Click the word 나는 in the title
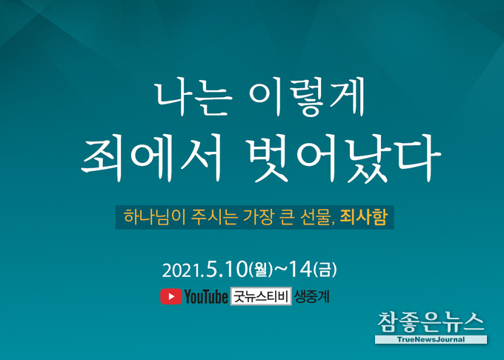pos(193,98)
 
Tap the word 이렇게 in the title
pos(307,97)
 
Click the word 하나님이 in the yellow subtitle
pos(154,217)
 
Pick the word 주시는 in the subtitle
pos(214,217)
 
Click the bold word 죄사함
pos(363,217)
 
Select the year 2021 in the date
pos(182,270)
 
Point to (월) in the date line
pos(261,269)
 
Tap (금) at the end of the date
pos(325,269)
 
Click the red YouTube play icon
pos(170,296)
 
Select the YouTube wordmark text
pos(206,296)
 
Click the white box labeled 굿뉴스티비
pos(261,296)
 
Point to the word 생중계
pos(312,296)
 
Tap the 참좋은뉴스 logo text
pos(431,322)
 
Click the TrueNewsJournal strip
pos(431,339)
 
